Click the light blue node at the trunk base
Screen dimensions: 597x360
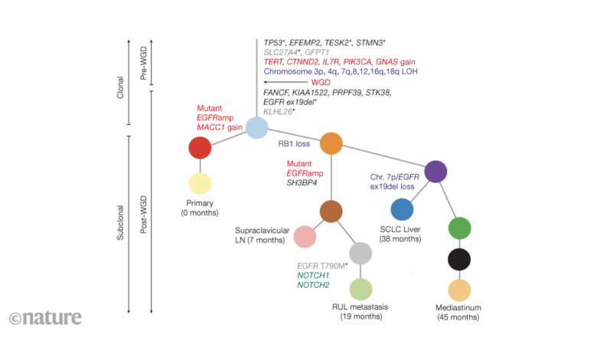click(x=257, y=128)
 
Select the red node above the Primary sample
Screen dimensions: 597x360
click(x=200, y=148)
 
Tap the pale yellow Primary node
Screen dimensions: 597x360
click(x=200, y=184)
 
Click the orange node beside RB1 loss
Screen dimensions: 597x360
click(x=331, y=144)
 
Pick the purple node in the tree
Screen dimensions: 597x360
click(x=436, y=172)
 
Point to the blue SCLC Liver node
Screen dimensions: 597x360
click(x=402, y=210)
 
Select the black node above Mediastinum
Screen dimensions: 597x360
click(x=459, y=260)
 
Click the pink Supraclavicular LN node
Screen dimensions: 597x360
click(x=305, y=237)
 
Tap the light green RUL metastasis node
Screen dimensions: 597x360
click(x=360, y=290)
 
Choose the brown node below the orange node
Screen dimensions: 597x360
click(x=331, y=211)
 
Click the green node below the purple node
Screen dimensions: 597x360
click(x=459, y=228)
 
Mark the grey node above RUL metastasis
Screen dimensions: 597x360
click(x=360, y=254)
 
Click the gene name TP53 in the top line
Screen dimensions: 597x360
click(x=273, y=43)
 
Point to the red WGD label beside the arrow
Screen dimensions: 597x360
click(x=321, y=82)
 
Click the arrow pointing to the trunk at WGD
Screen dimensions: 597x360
click(x=285, y=82)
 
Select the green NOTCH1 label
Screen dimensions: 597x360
click(x=313, y=276)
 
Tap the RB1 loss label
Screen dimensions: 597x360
click(x=294, y=144)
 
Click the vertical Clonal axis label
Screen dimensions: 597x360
click(x=120, y=87)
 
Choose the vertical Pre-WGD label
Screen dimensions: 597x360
click(x=144, y=64)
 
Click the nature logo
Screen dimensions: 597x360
click(x=45, y=317)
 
